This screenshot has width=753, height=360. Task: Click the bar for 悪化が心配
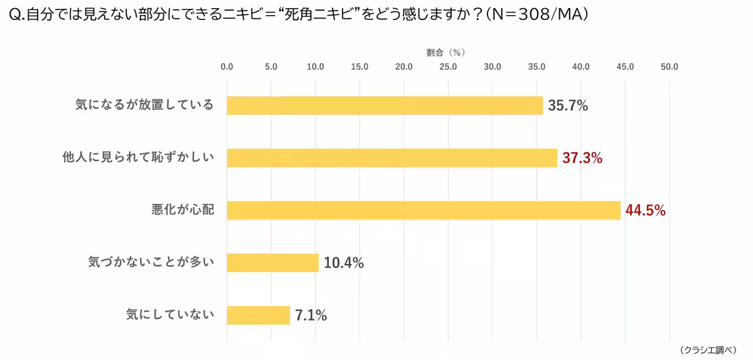(x=424, y=210)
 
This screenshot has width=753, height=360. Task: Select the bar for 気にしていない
(x=258, y=315)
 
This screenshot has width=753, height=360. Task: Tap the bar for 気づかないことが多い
(x=272, y=263)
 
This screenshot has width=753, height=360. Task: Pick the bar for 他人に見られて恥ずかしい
(x=392, y=158)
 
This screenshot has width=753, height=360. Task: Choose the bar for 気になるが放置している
(x=384, y=105)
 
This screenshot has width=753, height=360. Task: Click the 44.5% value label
(x=645, y=211)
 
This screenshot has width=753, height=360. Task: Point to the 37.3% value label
(x=582, y=158)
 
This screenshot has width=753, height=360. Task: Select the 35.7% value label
(x=567, y=105)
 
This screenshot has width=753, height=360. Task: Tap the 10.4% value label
(x=343, y=263)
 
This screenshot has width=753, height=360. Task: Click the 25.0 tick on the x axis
(x=448, y=66)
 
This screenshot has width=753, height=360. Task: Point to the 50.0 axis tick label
(x=669, y=66)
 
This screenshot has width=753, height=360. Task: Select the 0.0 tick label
(x=227, y=66)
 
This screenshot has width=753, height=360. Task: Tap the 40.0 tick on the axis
(x=580, y=66)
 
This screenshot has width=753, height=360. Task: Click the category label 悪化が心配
(x=183, y=210)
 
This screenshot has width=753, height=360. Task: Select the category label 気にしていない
(x=170, y=315)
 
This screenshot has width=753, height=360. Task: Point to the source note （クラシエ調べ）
(x=708, y=349)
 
